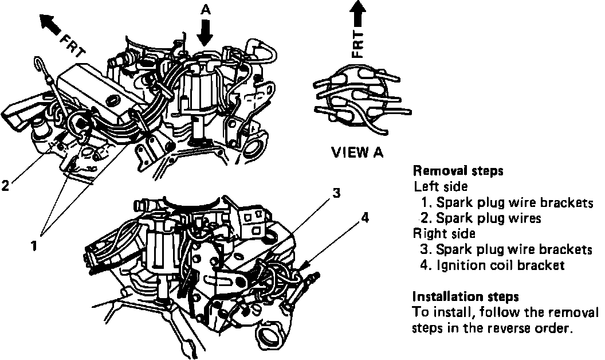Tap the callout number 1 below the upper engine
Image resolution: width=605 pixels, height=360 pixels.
pos(35,245)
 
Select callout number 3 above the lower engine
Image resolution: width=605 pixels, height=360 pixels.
pos(337,194)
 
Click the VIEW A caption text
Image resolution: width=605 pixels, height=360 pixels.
pos(358,153)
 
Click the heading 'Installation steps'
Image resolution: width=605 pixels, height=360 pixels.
pos(466,297)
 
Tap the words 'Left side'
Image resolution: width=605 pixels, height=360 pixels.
pos(439,186)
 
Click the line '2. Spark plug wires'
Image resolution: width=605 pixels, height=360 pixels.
pos(481,218)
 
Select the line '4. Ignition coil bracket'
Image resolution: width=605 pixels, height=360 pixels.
pos(500,265)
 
